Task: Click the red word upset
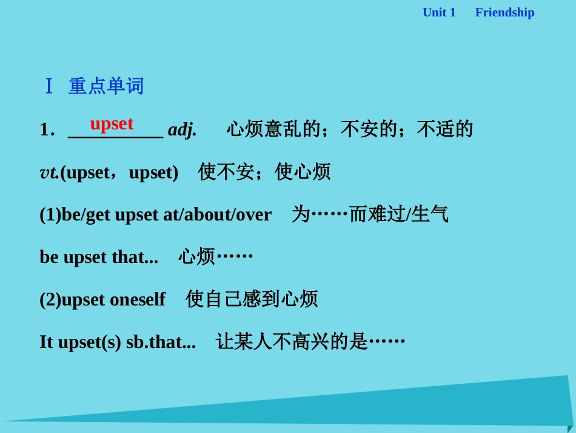click(112, 123)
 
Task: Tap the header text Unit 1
click(438, 12)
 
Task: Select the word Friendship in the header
click(504, 12)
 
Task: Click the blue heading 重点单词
click(106, 86)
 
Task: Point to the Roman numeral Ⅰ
click(49, 86)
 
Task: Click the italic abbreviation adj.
click(182, 129)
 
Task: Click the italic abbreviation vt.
click(49, 172)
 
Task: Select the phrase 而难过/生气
click(398, 214)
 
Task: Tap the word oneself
click(138, 299)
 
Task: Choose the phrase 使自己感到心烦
click(252, 299)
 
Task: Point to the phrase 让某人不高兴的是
click(292, 342)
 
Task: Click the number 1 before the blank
click(44, 129)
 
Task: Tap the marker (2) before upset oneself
click(50, 299)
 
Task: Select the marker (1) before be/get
click(50, 214)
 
